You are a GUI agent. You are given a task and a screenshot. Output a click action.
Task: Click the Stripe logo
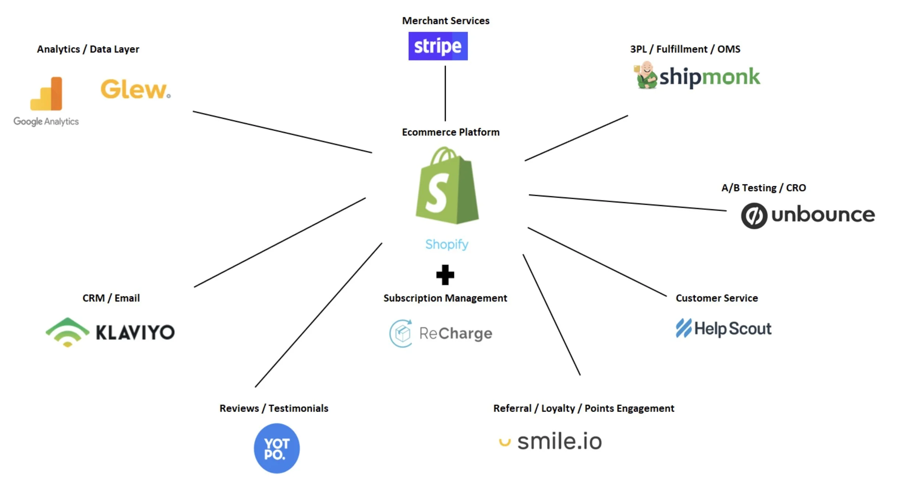coord(438,46)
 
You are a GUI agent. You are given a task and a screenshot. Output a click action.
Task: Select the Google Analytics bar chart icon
coord(46,93)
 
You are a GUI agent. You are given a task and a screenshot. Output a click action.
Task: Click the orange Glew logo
coord(135,89)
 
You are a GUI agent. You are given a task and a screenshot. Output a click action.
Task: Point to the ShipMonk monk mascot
coord(645,75)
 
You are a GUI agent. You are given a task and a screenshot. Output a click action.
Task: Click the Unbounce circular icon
coord(754,216)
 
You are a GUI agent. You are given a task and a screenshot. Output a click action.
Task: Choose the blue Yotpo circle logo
coord(277,448)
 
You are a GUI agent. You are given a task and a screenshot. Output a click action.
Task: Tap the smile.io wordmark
coord(559,441)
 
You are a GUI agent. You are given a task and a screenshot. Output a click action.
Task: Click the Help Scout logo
coord(723,328)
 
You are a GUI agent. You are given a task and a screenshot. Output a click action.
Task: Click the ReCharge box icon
coord(401,333)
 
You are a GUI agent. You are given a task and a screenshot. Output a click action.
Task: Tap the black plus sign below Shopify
coord(445,275)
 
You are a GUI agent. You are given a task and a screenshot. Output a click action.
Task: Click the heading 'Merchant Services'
coord(446,21)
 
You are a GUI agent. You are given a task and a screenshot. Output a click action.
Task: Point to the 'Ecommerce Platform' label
coord(451,132)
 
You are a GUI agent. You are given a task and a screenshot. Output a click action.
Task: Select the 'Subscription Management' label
coord(445,298)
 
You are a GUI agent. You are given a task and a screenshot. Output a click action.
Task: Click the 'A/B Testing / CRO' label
coord(764,188)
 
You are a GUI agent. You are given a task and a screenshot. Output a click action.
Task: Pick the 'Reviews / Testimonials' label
coord(274,408)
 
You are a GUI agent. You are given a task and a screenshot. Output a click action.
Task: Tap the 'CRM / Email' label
coord(111,298)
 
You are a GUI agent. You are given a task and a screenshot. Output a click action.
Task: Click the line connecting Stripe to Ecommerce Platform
coord(445,93)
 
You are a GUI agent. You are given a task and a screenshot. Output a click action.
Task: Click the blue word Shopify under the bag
coord(447,244)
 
